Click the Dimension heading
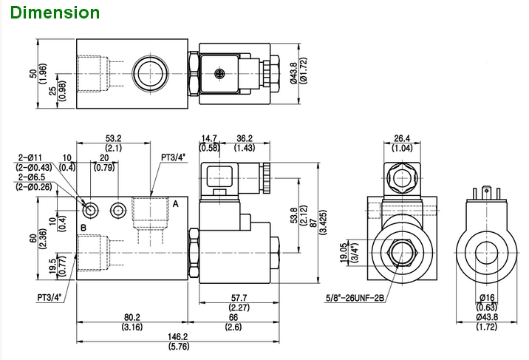tap(55, 13)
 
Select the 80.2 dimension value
tap(133, 316)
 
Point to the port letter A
tap(175, 203)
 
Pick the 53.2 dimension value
tap(113, 138)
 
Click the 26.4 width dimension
tap(402, 138)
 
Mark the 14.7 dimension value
tap(210, 138)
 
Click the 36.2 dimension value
tap(245, 138)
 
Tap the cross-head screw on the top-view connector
tap(219, 72)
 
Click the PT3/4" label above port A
tap(174, 157)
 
